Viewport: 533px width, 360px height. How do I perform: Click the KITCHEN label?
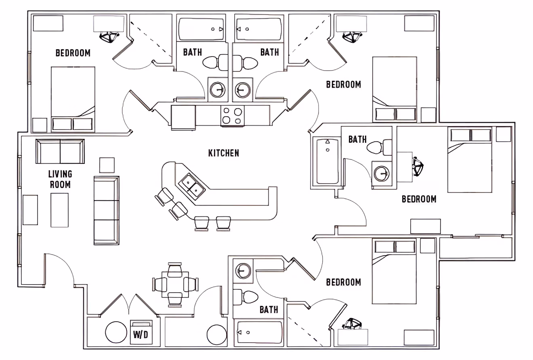pos(223,153)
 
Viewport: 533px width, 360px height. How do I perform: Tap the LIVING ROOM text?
pos(60,179)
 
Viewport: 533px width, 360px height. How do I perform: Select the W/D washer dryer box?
pos(141,333)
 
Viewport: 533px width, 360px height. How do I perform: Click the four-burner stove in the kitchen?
pos(232,115)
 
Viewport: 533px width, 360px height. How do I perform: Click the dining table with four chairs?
pos(175,285)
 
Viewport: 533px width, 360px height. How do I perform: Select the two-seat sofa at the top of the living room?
pos(60,151)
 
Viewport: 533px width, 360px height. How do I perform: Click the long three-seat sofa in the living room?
pos(107,210)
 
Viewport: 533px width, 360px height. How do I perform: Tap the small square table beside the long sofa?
pos(107,165)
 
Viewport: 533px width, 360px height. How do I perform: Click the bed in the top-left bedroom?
pos(73,98)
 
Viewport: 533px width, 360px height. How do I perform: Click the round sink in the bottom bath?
pos(243,270)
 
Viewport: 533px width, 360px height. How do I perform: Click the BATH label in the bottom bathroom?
pos(269,310)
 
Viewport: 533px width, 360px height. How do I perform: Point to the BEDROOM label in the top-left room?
pos(73,53)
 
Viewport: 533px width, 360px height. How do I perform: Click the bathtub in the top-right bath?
pos(258,29)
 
